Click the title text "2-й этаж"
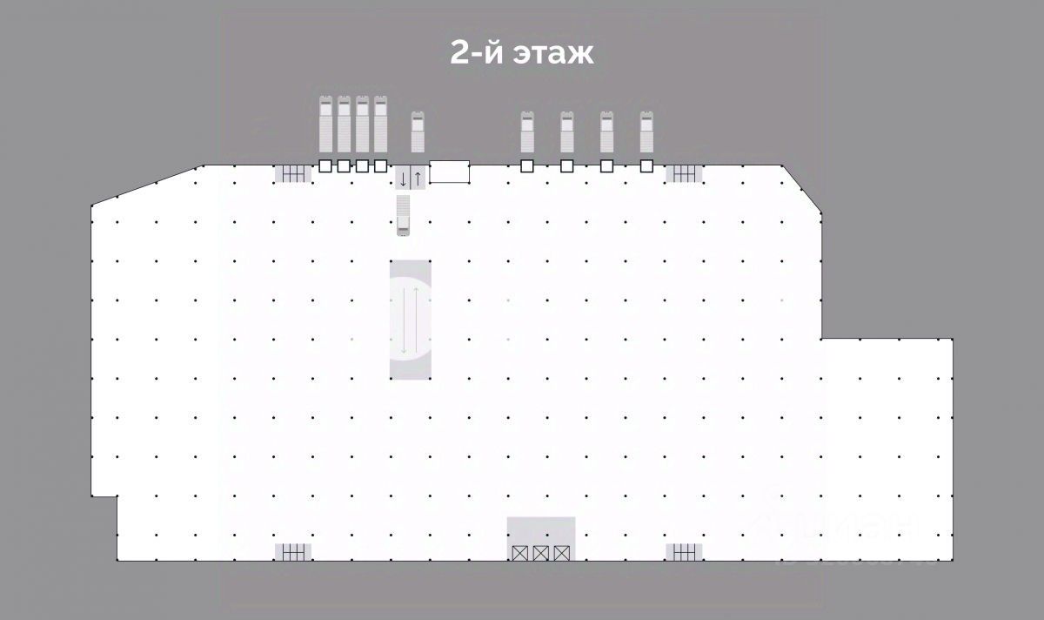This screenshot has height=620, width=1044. coord(521,52)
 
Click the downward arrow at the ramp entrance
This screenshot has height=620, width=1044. coord(404,179)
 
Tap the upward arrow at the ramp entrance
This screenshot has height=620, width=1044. coord(418,179)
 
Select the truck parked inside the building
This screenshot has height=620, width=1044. coord(403,215)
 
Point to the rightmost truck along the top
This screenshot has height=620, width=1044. coord(646,132)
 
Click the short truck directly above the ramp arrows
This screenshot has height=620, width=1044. coord(418,132)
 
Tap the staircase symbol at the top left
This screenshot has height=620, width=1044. coord(293,174)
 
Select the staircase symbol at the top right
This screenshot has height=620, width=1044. coord(684,174)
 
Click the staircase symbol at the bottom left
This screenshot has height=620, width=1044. coord(293,551)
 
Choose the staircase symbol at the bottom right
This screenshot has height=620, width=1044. coord(684,551)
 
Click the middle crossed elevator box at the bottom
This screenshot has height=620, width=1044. coord(541,552)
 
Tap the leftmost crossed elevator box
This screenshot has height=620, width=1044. coord(520,552)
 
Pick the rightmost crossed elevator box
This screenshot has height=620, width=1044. coord(562,552)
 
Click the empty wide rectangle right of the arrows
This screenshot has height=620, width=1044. coord(450,172)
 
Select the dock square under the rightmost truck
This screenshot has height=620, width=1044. coord(646,165)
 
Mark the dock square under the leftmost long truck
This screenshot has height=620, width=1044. coord(325,165)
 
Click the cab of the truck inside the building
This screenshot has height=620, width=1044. coord(403,230)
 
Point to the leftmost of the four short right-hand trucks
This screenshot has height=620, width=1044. coord(526,132)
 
